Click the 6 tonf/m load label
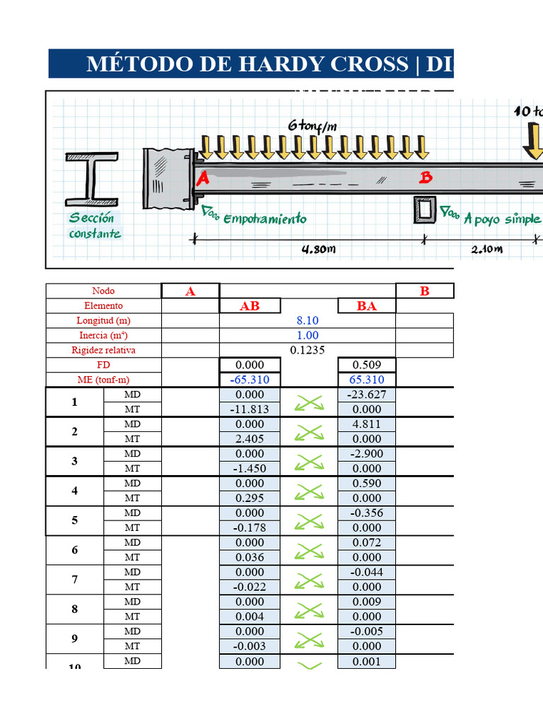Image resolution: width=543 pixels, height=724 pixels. point(312,125)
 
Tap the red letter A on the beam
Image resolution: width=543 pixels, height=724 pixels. point(202,179)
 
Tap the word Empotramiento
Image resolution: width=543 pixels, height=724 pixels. point(264,218)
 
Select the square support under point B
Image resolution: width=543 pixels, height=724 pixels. point(425,210)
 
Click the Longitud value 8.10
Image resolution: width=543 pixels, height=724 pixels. point(308,320)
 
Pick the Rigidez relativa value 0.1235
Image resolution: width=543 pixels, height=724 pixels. point(308,350)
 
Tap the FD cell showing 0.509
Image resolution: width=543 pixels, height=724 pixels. point(366,365)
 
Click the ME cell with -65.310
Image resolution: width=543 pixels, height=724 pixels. point(250,380)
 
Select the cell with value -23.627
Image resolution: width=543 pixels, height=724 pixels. point(366,395)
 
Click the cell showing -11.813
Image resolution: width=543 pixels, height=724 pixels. point(250,409)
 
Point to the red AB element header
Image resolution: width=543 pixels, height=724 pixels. point(250,306)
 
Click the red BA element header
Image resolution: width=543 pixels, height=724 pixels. point(366,306)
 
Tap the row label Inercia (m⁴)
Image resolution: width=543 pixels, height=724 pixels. point(103,335)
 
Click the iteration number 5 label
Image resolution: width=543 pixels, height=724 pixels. point(74,520)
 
